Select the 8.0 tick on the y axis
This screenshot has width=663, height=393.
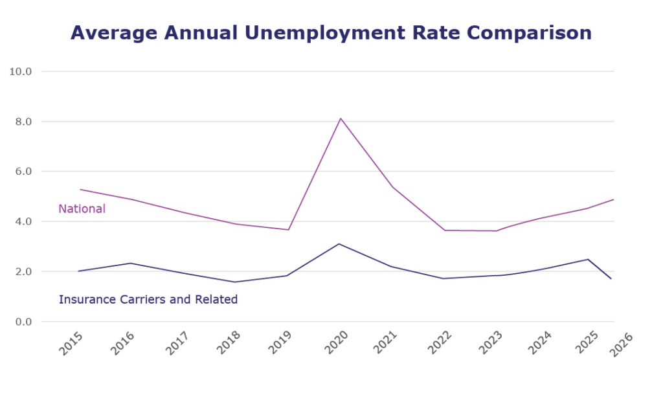tap(25, 122)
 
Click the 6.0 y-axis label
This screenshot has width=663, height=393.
tap(25, 172)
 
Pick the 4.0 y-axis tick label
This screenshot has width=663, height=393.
tap(25, 221)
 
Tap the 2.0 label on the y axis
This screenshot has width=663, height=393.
tap(25, 271)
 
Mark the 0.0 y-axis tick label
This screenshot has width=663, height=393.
tap(25, 322)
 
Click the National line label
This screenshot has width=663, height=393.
tap(82, 209)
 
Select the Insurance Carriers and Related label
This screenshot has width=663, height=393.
tap(148, 300)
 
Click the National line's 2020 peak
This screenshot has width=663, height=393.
tap(341, 118)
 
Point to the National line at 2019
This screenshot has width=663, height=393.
tap(289, 229)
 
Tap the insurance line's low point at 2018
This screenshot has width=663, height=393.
tap(236, 282)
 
